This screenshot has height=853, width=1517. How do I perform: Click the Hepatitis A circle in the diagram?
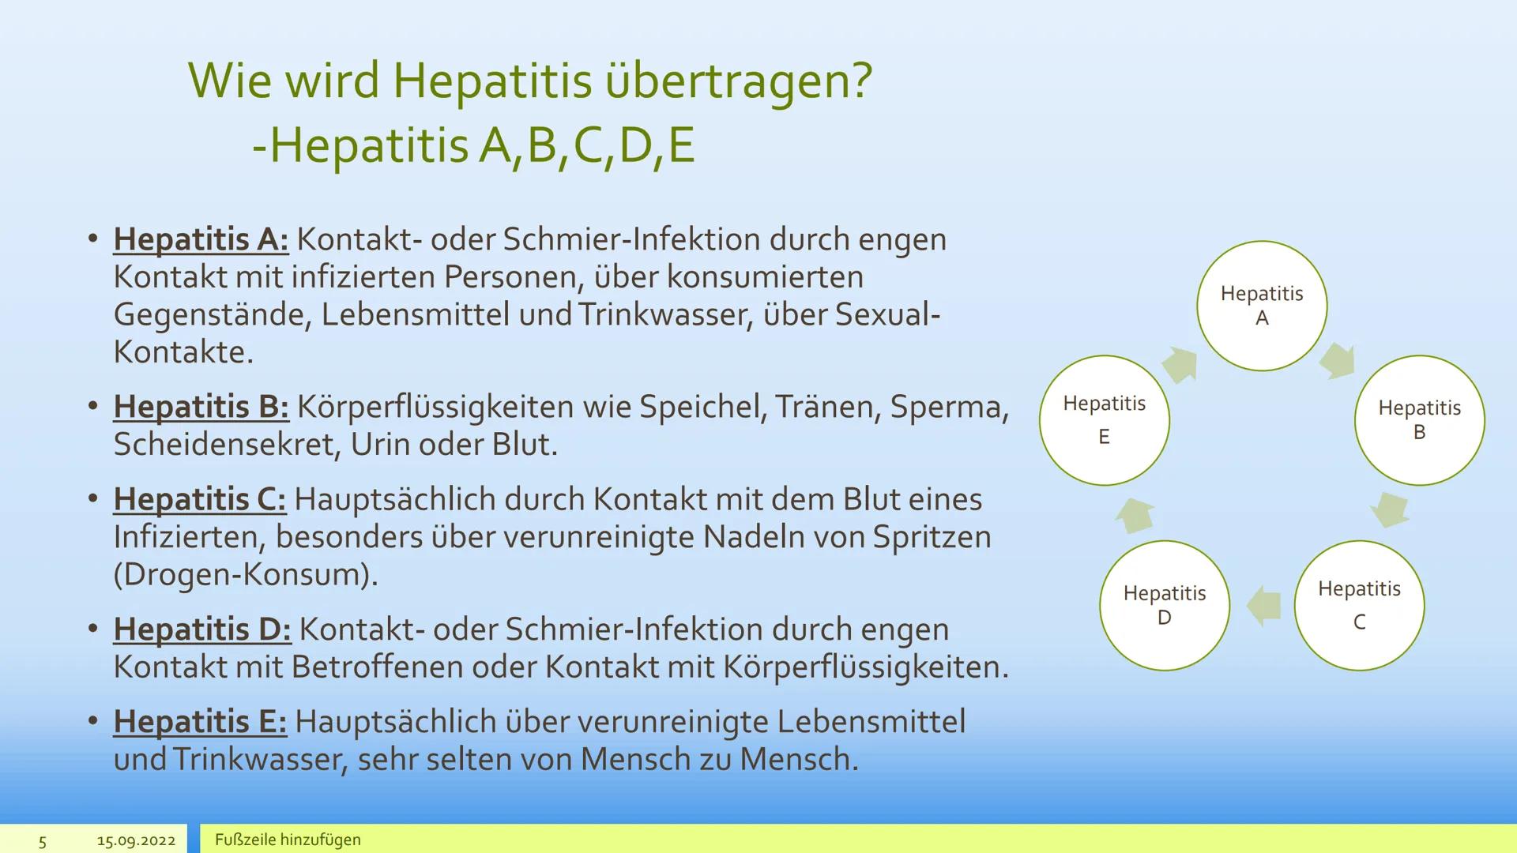click(1261, 306)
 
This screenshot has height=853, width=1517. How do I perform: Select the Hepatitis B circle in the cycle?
click(1419, 420)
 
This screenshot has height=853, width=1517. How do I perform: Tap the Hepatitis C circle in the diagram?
click(1359, 605)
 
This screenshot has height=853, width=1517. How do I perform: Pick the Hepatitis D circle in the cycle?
click(1164, 605)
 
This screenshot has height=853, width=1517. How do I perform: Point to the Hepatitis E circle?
click(1104, 420)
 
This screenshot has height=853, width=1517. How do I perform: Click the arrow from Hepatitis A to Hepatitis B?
click(1337, 361)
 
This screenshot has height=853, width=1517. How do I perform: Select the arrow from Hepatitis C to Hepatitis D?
click(1263, 606)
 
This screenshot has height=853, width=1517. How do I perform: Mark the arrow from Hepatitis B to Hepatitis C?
click(1390, 509)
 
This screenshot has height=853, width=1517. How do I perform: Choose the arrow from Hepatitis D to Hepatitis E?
click(1135, 515)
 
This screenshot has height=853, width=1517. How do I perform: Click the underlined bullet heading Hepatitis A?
click(201, 239)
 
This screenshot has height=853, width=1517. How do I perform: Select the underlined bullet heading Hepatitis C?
click(199, 499)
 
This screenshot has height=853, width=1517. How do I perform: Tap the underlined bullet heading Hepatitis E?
click(199, 721)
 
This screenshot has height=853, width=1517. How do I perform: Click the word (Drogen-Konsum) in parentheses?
click(245, 574)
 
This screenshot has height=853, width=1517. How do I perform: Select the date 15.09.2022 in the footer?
click(136, 840)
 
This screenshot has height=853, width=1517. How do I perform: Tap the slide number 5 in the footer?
click(43, 841)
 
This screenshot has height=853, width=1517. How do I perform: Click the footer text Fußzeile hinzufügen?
click(288, 840)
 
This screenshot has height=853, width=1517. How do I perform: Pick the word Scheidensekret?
click(228, 445)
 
